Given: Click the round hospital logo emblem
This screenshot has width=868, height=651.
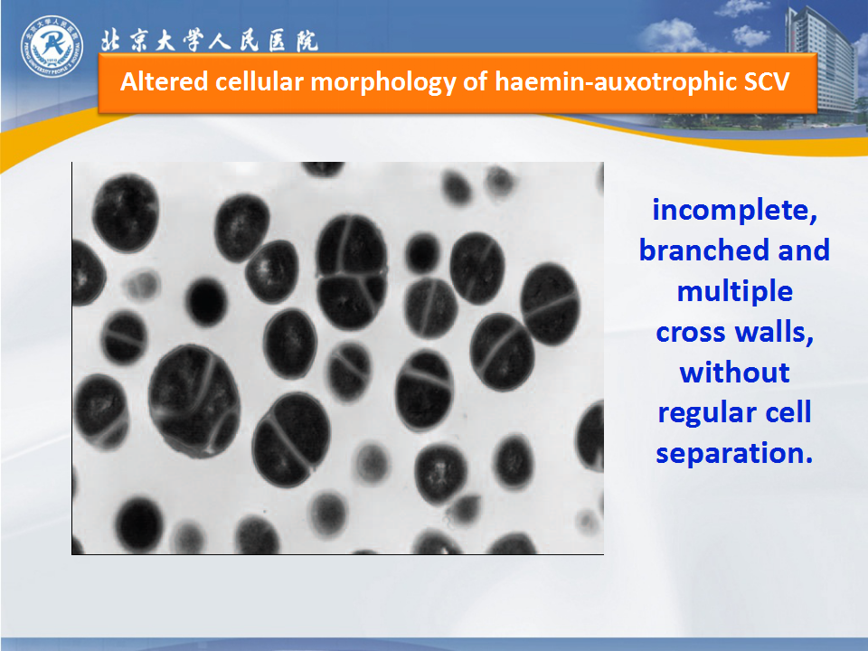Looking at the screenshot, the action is click(52, 46).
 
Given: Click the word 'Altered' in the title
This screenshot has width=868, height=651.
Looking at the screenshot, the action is click(164, 81).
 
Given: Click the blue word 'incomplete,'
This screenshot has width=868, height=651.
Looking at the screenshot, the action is click(734, 211).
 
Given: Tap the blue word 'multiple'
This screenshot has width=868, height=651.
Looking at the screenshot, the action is click(734, 292).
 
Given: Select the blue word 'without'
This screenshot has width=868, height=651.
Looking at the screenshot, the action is click(734, 372).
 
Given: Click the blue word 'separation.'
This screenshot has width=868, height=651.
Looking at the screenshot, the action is click(734, 454).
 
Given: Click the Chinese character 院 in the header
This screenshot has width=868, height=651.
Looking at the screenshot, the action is click(307, 41).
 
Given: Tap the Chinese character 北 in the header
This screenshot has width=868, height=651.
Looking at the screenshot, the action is click(111, 41).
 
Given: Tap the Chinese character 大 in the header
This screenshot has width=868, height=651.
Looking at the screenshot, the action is click(165, 41).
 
